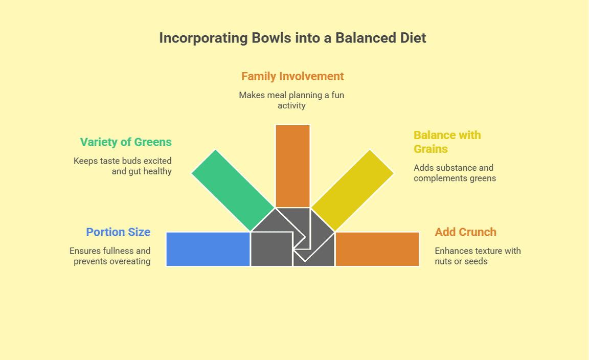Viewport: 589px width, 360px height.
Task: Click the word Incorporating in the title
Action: pyautogui.click(x=203, y=38)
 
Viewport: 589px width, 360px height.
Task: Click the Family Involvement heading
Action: pyautogui.click(x=292, y=76)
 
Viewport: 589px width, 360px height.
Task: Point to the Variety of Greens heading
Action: pyautogui.click(x=126, y=142)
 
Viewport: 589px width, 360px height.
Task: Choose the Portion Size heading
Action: pyautogui.click(x=118, y=232)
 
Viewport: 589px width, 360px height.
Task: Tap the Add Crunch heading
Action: pyautogui.click(x=465, y=232)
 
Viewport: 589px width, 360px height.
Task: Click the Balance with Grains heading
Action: pyautogui.click(x=447, y=142)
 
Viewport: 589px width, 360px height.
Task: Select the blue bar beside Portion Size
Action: pyautogui.click(x=208, y=249)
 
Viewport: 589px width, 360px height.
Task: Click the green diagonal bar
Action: pyautogui.click(x=233, y=190)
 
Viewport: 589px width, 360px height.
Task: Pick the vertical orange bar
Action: pyautogui.click(x=292, y=166)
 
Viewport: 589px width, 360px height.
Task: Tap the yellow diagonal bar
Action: pyautogui.click(x=352, y=190)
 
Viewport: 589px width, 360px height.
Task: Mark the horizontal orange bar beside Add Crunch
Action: pyautogui.click(x=377, y=249)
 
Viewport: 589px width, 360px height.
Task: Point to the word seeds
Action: pyautogui.click(x=476, y=261)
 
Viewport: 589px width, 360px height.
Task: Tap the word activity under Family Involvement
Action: pyautogui.click(x=291, y=105)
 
